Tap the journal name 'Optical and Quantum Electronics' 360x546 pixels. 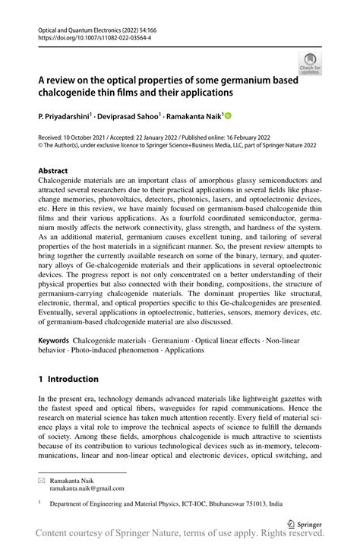click(x=82, y=26)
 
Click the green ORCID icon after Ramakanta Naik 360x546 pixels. click(x=227, y=116)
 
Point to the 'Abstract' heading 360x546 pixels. click(x=53, y=171)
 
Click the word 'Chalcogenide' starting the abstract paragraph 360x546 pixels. click(x=64, y=181)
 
